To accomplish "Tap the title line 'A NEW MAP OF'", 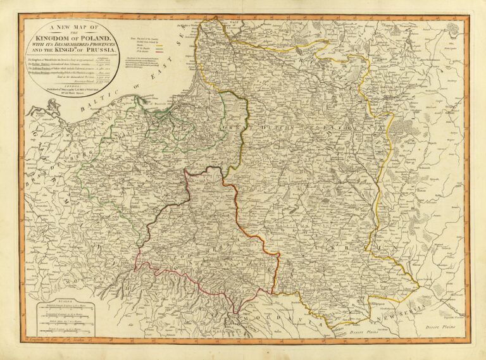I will point(69,27).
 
